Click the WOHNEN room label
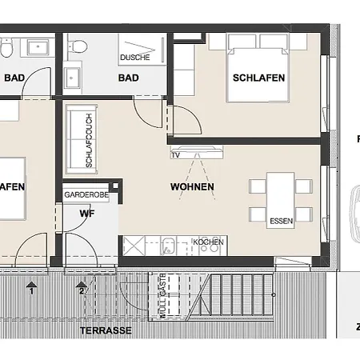click(192, 187)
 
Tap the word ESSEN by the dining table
click(281, 222)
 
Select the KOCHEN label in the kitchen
click(208, 242)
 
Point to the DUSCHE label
click(135, 58)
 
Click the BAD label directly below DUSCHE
click(128, 78)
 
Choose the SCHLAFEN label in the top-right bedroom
click(258, 78)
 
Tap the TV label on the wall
click(175, 155)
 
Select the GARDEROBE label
click(86, 193)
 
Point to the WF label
click(86, 214)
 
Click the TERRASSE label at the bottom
click(106, 330)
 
